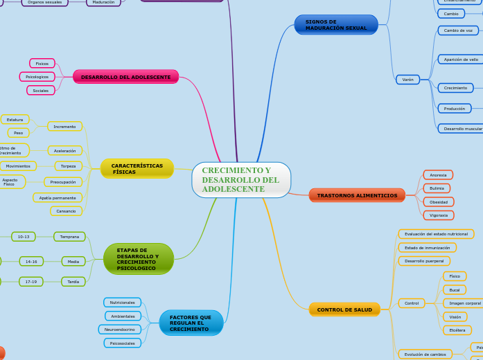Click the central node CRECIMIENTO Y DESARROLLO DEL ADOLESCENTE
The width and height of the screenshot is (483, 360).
tap(240, 180)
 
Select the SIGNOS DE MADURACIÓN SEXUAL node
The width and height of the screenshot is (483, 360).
tap(336, 25)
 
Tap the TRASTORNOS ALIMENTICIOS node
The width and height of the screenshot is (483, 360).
tap(357, 195)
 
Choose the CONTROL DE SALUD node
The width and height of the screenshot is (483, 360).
tap(344, 309)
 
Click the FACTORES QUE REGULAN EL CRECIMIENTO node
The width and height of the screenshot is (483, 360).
tap(191, 323)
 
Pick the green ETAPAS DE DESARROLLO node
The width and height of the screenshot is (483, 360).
tap(138, 259)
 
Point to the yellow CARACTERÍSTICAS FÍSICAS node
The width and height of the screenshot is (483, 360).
tap(137, 168)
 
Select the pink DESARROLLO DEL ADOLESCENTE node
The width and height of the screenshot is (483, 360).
tap(125, 77)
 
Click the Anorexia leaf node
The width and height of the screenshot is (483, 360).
tap(438, 175)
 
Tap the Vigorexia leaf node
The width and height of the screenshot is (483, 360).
tap(438, 215)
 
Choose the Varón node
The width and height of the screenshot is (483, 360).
tap(408, 80)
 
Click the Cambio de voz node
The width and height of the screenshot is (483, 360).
tap(458, 30)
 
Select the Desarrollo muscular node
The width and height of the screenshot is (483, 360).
tap(462, 129)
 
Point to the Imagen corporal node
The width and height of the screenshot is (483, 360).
tap(464, 303)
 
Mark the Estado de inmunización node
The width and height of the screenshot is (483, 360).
tap(427, 247)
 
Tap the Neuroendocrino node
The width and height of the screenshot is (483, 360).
tap(120, 330)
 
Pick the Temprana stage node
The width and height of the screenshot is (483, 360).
tap(69, 237)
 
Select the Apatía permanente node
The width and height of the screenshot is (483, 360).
tap(58, 198)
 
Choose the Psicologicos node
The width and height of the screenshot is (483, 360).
tap(37, 77)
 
